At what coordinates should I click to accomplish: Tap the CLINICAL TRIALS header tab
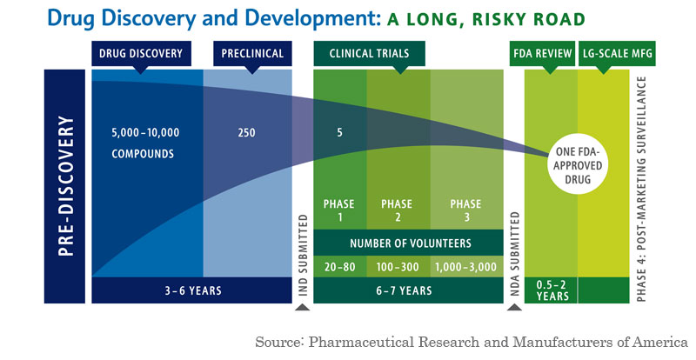pos(369,53)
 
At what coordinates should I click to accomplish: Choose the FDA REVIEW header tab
pos(539,53)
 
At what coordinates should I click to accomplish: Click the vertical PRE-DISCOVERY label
pos(66,186)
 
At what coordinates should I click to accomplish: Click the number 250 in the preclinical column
pos(247,134)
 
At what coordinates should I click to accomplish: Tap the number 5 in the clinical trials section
pos(340,134)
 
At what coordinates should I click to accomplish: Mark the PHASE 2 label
pos(397,210)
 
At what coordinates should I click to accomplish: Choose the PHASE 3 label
pos(465,210)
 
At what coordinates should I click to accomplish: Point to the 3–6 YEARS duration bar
pos(191,290)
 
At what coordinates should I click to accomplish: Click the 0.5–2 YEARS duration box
pos(551,290)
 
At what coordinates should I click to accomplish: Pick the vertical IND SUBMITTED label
pos(302,253)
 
